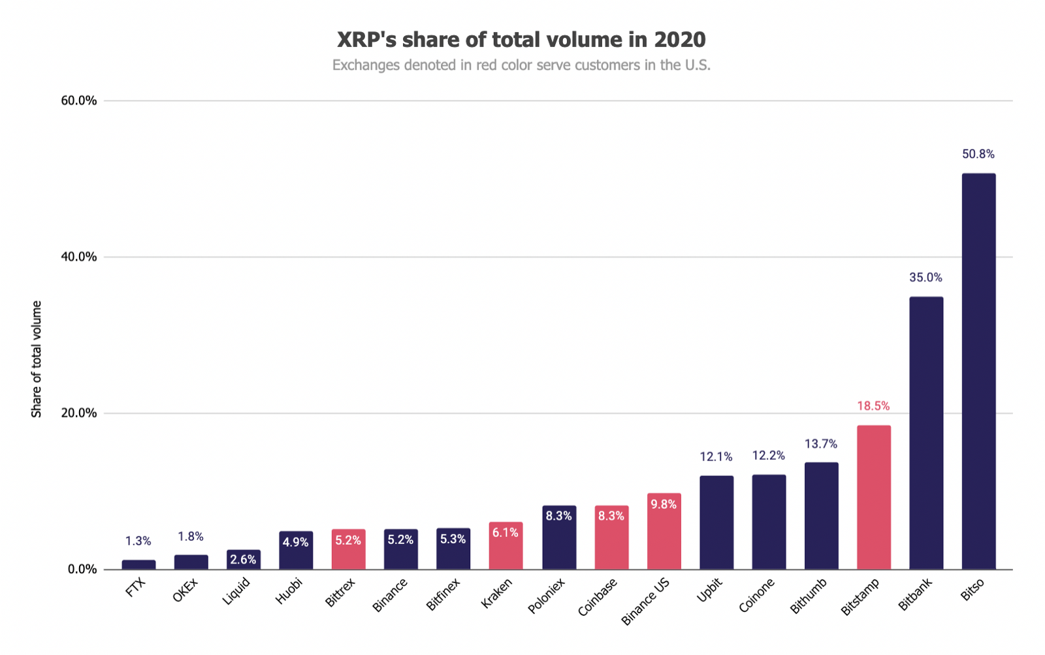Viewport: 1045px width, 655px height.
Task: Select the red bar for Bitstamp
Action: [x=873, y=497]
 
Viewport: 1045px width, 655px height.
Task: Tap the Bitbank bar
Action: [x=926, y=433]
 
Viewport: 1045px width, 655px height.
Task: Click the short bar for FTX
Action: [x=138, y=565]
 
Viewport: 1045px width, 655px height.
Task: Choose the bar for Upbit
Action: [x=716, y=522]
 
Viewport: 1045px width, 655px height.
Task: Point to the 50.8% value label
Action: [x=978, y=154]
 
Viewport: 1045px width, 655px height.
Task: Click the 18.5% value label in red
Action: [x=873, y=406]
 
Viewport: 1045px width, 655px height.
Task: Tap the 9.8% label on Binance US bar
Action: [x=664, y=505]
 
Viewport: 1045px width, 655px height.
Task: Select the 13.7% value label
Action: [x=821, y=444]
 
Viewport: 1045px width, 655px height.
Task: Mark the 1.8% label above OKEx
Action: [x=191, y=537]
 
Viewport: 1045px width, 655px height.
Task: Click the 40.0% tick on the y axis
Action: [x=79, y=257]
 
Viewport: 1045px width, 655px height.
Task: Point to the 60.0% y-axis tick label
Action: [x=79, y=101]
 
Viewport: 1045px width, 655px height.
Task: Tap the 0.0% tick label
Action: [x=82, y=569]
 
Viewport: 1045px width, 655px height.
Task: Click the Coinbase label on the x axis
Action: [x=598, y=598]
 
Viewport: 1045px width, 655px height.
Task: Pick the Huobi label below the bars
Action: [x=289, y=592]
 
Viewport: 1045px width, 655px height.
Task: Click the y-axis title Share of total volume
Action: [x=37, y=359]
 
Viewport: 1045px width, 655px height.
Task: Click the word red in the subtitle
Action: [x=487, y=65]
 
